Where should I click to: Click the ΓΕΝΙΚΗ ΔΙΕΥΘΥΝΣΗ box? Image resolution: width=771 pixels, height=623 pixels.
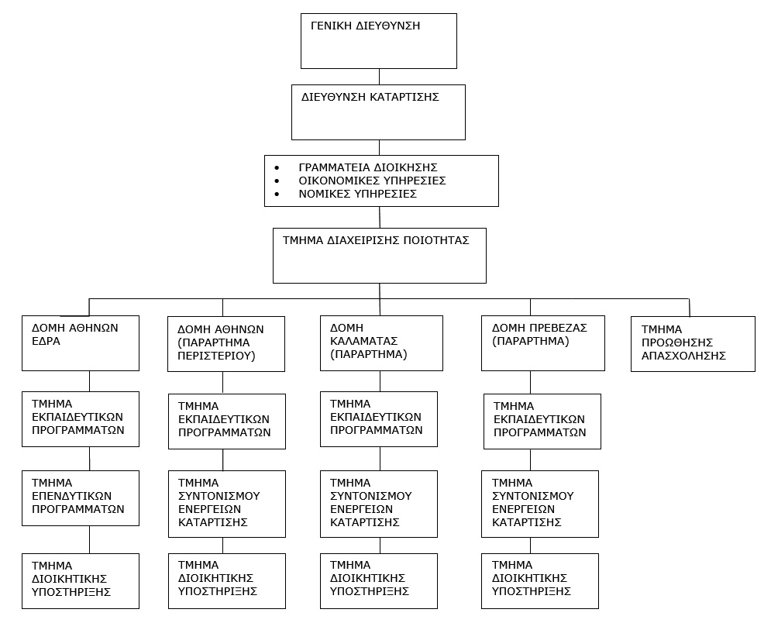click(379, 41)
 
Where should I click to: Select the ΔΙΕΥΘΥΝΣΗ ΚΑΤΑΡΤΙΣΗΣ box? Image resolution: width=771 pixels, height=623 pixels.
click(378, 112)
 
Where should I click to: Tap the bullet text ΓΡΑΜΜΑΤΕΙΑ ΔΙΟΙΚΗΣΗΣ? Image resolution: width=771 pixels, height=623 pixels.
click(368, 167)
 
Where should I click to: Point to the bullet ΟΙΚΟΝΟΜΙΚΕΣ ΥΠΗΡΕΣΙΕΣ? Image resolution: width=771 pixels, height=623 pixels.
click(372, 181)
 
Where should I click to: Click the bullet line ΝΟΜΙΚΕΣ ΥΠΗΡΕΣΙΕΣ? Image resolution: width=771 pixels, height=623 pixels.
click(357, 194)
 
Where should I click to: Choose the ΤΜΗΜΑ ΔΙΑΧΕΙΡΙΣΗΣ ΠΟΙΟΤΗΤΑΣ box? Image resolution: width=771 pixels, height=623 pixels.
click(380, 256)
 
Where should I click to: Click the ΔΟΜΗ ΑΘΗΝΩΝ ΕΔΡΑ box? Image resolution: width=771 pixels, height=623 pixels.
click(81, 343)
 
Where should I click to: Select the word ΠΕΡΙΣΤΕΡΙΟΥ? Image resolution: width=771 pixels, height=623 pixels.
click(216, 356)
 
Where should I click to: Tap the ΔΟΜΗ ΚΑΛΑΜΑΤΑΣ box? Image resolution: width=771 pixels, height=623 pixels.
click(381, 343)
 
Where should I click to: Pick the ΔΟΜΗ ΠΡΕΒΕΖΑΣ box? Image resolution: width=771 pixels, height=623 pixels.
click(543, 343)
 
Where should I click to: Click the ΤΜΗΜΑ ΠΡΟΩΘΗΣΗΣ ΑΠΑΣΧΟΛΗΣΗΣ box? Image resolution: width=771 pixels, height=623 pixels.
click(693, 344)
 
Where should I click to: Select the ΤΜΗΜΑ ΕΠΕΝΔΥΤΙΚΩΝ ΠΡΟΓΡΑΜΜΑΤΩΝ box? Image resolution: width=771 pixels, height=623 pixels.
click(81, 498)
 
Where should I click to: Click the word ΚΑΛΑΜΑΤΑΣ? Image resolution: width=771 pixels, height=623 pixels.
click(364, 341)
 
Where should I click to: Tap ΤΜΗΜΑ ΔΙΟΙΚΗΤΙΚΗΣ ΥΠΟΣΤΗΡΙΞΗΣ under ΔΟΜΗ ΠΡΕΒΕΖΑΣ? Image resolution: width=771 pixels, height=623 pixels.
click(540, 581)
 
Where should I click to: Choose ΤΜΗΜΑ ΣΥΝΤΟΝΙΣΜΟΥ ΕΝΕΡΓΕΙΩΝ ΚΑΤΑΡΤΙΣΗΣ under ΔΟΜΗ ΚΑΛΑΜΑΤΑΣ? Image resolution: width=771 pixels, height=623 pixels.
click(379, 504)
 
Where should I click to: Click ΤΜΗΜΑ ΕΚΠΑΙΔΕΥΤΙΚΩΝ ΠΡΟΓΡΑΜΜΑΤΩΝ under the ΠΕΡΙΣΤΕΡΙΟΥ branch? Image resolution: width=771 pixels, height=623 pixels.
click(227, 422)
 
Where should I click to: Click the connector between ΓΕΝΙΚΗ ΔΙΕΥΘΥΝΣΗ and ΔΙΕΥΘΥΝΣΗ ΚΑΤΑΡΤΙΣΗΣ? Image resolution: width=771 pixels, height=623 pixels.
click(379, 77)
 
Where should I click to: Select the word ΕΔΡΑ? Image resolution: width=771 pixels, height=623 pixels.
click(46, 341)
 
